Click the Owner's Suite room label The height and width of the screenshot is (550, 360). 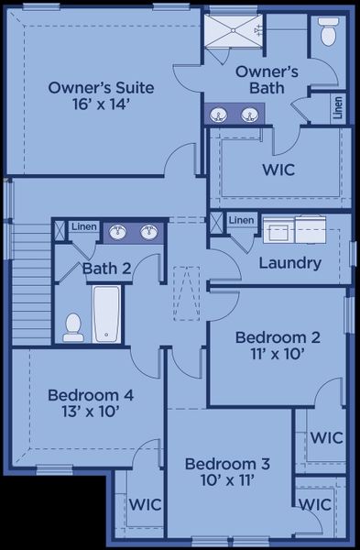[x=101, y=88]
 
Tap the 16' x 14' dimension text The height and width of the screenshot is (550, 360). [x=101, y=104]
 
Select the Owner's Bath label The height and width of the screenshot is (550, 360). [x=267, y=79]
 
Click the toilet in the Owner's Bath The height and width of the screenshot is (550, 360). [x=327, y=34]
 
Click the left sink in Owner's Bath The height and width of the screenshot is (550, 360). [x=220, y=115]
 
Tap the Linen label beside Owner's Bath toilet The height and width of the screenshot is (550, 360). [x=339, y=109]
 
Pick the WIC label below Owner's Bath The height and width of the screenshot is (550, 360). [x=278, y=170]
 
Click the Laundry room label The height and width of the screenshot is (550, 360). [x=289, y=263]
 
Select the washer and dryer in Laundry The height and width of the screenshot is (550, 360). [x=294, y=228]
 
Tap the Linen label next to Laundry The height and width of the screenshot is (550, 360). [x=242, y=220]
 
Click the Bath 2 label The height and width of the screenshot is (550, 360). [x=107, y=269]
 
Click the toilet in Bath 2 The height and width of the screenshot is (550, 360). [x=73, y=327]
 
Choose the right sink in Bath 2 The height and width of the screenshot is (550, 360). [x=147, y=232]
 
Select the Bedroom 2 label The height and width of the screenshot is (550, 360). [x=278, y=335]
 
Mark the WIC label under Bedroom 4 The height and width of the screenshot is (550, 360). [x=145, y=503]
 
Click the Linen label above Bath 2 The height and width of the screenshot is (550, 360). [x=84, y=226]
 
